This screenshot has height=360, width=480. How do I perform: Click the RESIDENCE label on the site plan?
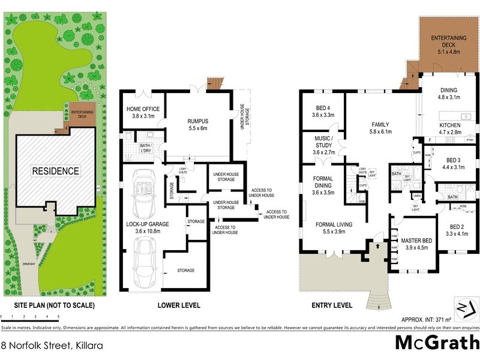(x=56, y=171)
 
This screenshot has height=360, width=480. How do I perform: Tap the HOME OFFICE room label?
(x=141, y=112)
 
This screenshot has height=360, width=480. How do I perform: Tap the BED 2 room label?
(x=457, y=230)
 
